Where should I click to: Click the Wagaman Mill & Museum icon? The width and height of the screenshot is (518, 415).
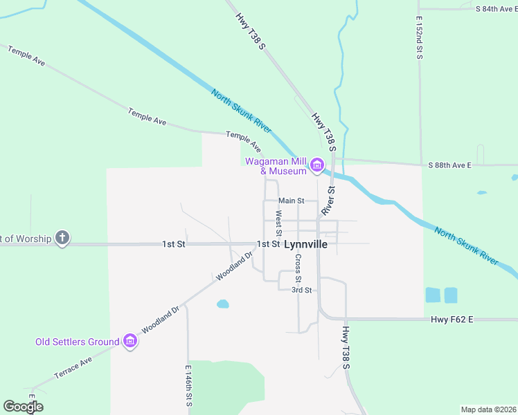point(317,165)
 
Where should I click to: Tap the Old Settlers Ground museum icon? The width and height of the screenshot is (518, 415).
point(129,341)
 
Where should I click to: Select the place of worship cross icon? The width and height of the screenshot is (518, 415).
point(62,239)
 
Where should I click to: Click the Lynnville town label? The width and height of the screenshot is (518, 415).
point(305,244)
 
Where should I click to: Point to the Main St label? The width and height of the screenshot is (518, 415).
point(292,201)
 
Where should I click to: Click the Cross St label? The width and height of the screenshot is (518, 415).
point(298,268)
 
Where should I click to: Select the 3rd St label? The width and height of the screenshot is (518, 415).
point(301,290)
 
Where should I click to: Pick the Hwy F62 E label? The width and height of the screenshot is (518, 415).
point(451,319)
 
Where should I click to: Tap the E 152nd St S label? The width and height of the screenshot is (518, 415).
point(420,37)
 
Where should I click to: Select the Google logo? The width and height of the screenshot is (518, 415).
point(23,407)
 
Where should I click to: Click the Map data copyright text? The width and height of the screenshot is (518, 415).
point(488,409)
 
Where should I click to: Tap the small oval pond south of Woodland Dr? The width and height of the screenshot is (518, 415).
point(222,304)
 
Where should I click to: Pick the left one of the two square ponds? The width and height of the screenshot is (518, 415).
point(433,295)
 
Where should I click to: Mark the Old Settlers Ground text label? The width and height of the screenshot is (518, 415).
point(78,342)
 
